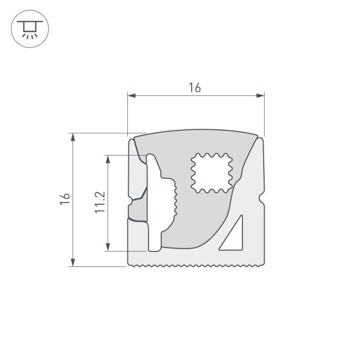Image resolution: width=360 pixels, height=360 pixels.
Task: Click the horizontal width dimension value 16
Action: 194,88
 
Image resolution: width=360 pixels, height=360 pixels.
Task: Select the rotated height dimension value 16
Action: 65,199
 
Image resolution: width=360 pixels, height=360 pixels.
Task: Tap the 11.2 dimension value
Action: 100,203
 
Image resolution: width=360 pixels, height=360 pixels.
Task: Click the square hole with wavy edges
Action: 212,172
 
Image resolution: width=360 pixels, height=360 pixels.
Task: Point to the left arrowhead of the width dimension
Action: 131,96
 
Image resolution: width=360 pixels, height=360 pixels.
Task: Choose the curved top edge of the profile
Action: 197,131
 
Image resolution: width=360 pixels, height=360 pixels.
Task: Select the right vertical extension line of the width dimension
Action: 264,114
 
